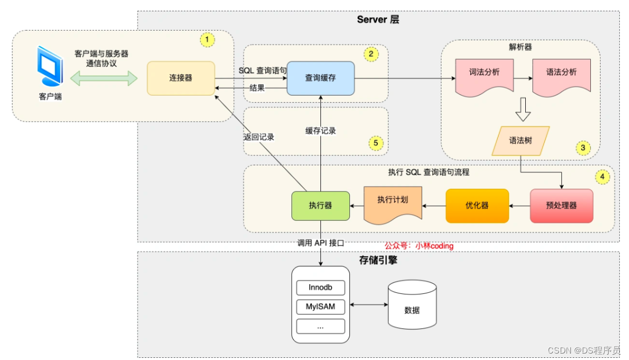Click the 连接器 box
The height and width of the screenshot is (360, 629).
pyautogui.click(x=181, y=78)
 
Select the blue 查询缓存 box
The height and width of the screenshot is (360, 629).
pyautogui.click(x=320, y=78)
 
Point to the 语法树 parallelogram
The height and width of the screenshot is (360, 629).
pyautogui.click(x=521, y=141)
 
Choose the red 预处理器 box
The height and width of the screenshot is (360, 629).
pyautogui.click(x=561, y=205)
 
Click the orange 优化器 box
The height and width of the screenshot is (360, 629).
pyautogui.click(x=477, y=205)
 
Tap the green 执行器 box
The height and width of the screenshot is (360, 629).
pyautogui.click(x=320, y=205)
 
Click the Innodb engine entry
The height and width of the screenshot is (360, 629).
pyautogui.click(x=320, y=287)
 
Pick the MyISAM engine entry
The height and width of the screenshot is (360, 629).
pyautogui.click(x=320, y=307)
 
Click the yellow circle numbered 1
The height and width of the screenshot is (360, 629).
pyautogui.click(x=207, y=39)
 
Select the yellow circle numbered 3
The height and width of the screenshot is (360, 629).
pyautogui.click(x=583, y=147)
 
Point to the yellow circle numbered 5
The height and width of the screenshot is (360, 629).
pyautogui.click(x=376, y=143)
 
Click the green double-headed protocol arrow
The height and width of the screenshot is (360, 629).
pyautogui.click(x=104, y=79)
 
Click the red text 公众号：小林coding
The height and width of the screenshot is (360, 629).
pyautogui.click(x=419, y=246)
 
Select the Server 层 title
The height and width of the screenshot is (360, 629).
pyautogui.click(x=378, y=19)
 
